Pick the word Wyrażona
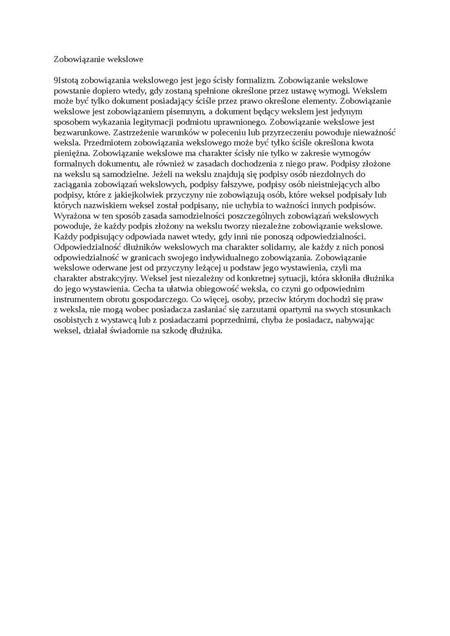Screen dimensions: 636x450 (x=72, y=215)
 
